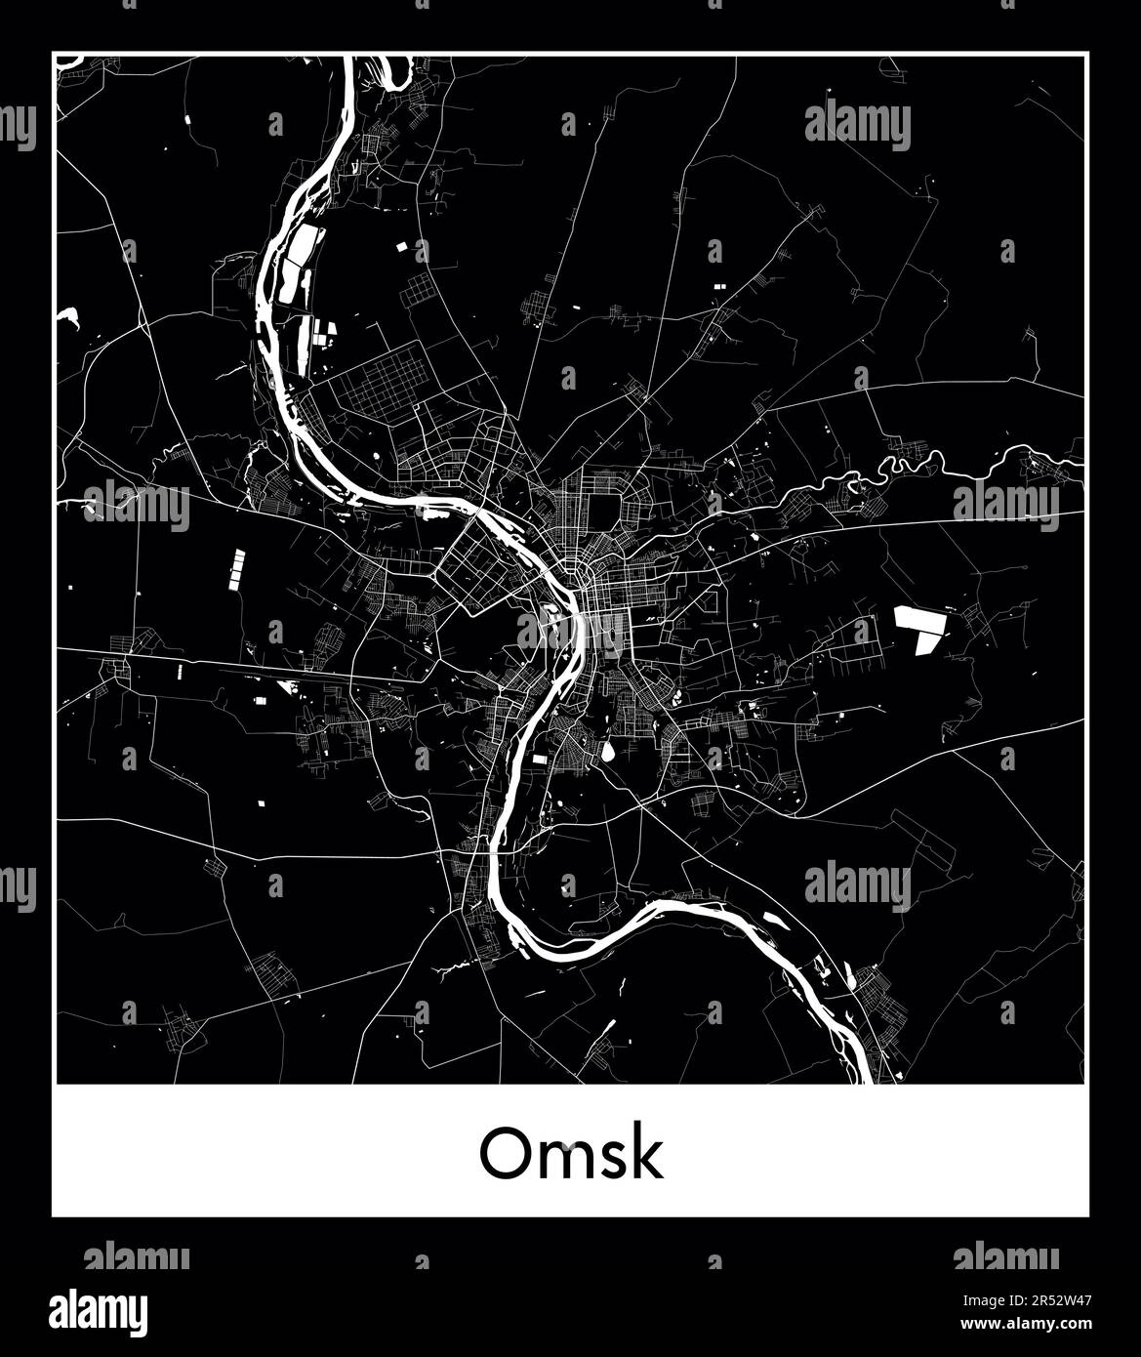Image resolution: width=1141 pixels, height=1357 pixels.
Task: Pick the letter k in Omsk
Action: pos(648,1153)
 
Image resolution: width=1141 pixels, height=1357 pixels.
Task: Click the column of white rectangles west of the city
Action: pos(237,568)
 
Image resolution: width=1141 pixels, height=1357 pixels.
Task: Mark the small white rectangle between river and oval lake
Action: pos(540,758)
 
